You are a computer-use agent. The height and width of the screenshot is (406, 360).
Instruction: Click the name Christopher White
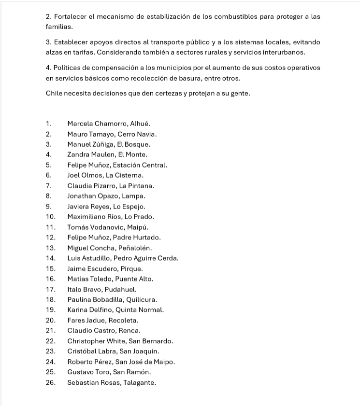(x=96, y=341)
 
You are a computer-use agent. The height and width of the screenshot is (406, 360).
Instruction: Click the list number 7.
(x=49, y=186)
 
